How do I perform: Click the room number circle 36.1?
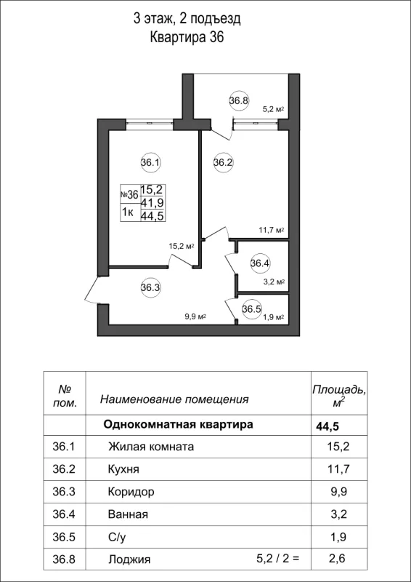click(150, 163)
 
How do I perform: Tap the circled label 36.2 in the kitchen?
click(223, 163)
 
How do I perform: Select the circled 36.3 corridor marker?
click(150, 287)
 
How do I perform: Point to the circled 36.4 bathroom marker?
click(260, 263)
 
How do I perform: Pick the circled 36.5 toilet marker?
click(251, 308)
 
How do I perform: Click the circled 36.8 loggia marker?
click(239, 101)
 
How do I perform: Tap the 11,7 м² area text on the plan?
click(270, 231)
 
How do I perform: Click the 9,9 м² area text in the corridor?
click(196, 316)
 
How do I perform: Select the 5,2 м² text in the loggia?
click(272, 109)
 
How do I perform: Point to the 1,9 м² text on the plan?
click(273, 317)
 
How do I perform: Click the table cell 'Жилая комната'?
click(150, 447)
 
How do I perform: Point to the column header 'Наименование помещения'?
click(174, 399)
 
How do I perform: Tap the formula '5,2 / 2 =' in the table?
click(278, 559)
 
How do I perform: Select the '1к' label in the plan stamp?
click(127, 212)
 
